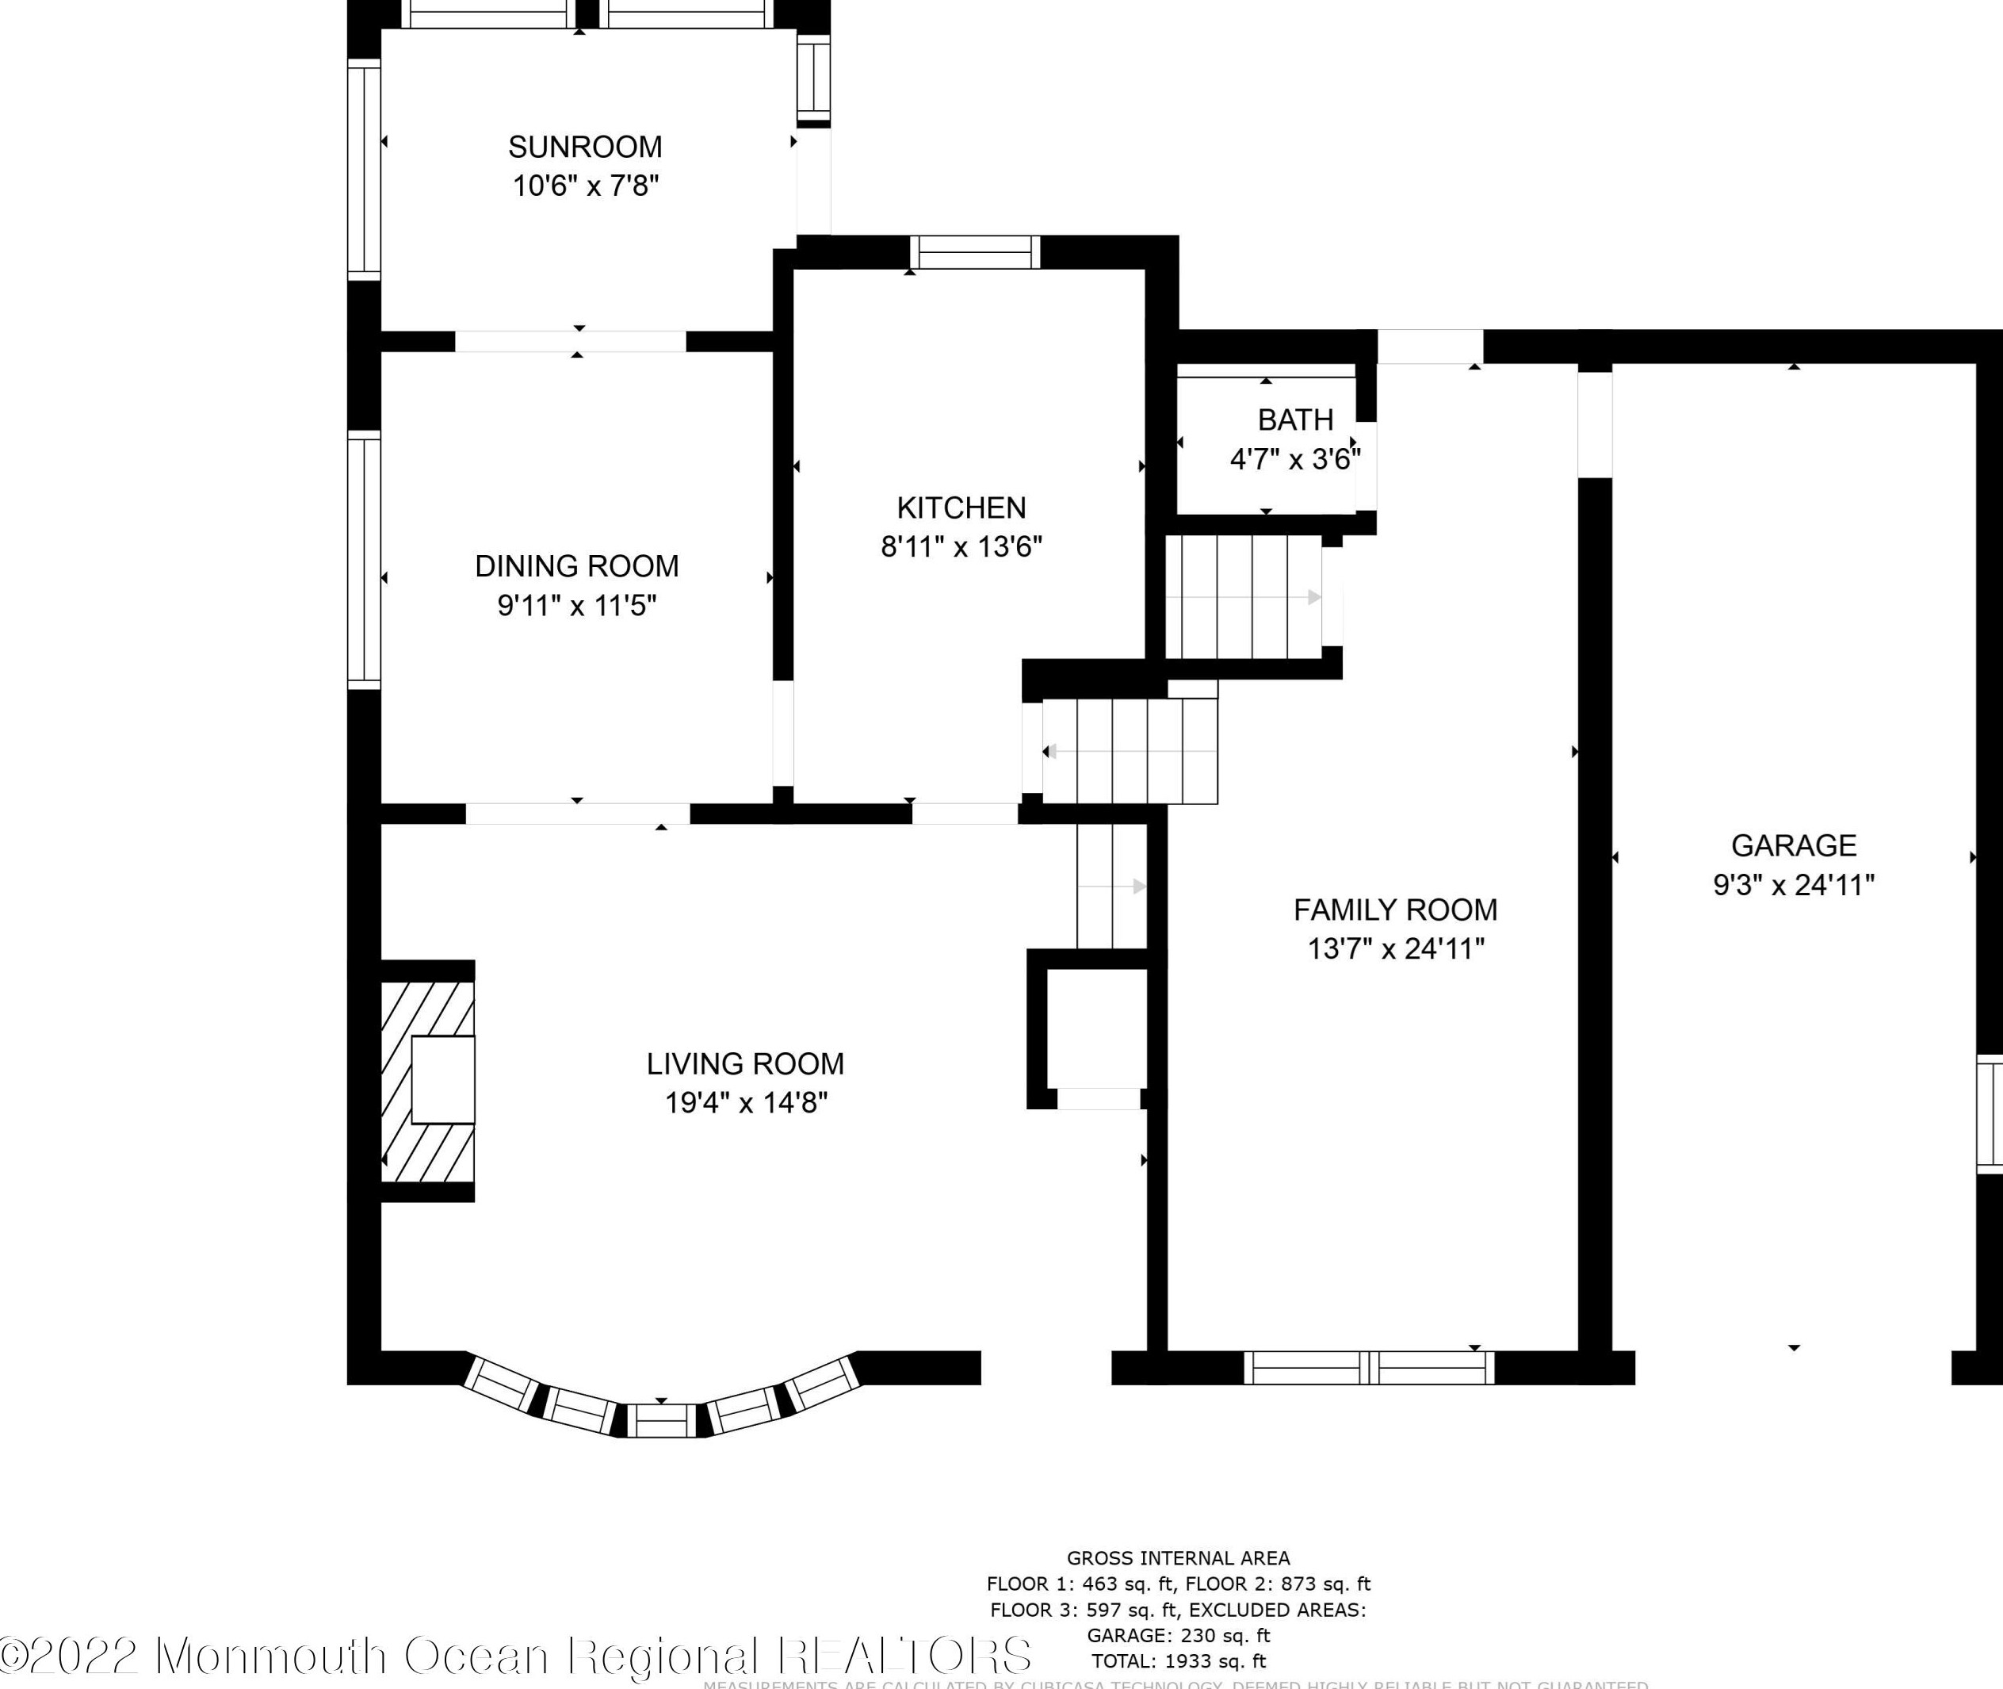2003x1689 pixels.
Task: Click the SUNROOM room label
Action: (585, 147)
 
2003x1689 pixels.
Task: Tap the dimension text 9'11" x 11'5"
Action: (576, 605)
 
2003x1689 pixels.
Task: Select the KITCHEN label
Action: (961, 507)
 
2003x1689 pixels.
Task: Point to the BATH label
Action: (1295, 419)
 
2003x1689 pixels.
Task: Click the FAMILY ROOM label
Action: (1395, 910)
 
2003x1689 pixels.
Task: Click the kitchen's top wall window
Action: (974, 253)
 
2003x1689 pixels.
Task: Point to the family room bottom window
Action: (1369, 1367)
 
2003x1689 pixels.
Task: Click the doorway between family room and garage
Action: (1594, 424)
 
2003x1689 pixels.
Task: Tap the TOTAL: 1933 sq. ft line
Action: (1178, 1661)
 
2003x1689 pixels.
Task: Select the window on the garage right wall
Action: (1990, 1115)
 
